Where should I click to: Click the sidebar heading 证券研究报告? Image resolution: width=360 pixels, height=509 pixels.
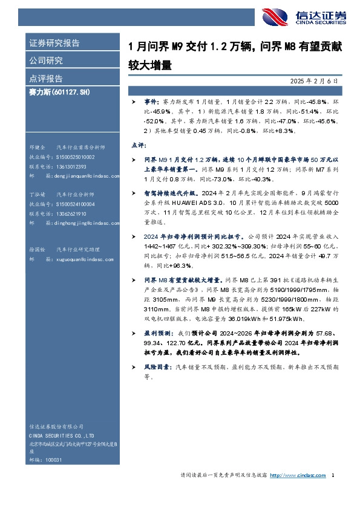[54, 44]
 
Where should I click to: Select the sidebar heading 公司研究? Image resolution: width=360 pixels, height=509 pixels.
[47, 60]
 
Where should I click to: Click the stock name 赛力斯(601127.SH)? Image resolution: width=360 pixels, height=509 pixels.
[59, 91]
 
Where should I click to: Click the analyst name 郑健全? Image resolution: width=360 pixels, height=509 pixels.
[37, 148]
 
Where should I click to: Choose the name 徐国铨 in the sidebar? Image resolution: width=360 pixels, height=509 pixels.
[37, 249]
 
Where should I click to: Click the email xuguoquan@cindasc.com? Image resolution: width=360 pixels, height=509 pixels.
[85, 259]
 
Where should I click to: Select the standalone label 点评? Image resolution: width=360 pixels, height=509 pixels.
[139, 146]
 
